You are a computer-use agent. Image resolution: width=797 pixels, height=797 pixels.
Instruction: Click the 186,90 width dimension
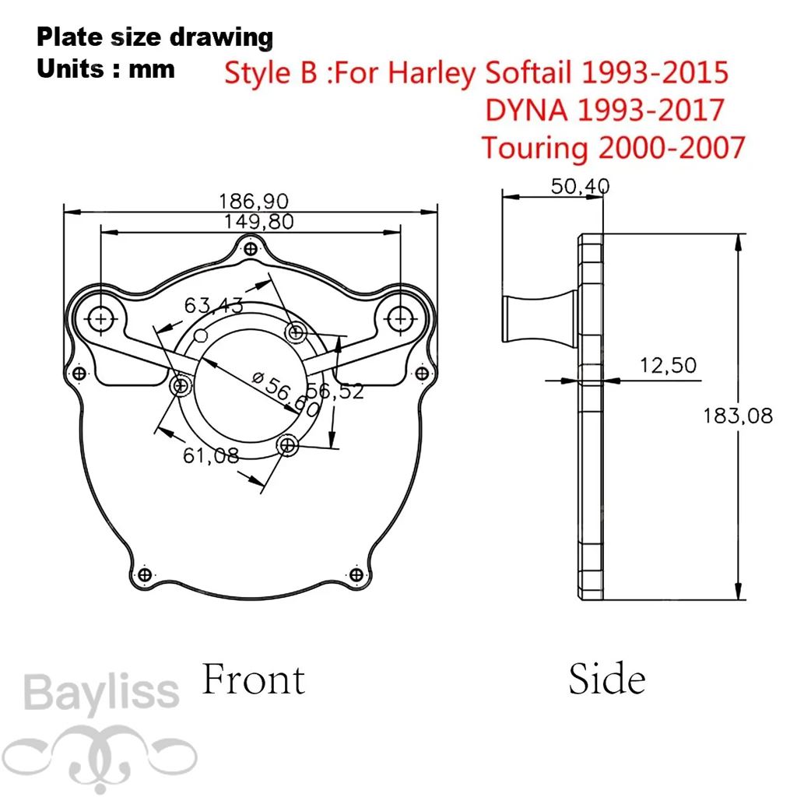point(253,202)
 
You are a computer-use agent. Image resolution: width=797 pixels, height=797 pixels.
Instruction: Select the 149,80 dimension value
point(258,222)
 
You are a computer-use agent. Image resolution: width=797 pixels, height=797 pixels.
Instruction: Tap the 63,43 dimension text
point(213,305)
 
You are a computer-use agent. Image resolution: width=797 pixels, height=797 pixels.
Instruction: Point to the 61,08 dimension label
point(211,455)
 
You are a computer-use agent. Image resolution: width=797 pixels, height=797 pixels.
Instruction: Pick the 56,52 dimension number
point(335,391)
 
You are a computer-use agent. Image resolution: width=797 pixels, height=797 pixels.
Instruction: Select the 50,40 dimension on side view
point(580,187)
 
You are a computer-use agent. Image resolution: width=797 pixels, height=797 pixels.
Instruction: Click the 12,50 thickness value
point(668,366)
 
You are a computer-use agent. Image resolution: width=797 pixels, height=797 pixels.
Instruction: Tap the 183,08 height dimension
point(738,416)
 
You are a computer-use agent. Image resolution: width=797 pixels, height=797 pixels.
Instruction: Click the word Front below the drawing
point(254,679)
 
